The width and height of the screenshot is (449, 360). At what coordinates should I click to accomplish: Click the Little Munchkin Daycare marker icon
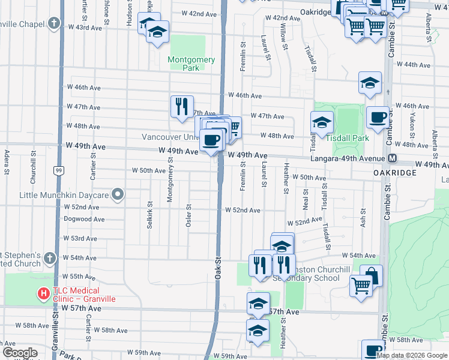point(118,194)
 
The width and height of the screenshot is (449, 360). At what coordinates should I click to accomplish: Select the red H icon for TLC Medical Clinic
point(43,293)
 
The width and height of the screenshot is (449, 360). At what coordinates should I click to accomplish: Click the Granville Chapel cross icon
point(54,24)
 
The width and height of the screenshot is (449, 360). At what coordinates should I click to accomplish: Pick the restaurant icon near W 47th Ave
point(181,106)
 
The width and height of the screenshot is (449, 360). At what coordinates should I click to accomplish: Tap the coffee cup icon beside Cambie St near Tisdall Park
point(377,117)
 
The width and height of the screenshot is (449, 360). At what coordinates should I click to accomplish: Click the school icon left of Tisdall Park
point(322,122)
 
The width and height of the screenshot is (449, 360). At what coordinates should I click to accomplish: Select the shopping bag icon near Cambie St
point(371,275)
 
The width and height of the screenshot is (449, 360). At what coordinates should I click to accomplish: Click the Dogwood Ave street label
point(85,219)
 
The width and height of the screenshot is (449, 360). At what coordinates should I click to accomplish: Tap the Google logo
point(20,353)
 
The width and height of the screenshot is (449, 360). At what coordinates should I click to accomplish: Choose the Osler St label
point(188,214)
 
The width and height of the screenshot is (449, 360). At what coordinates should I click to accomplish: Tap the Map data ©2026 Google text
point(412,355)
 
